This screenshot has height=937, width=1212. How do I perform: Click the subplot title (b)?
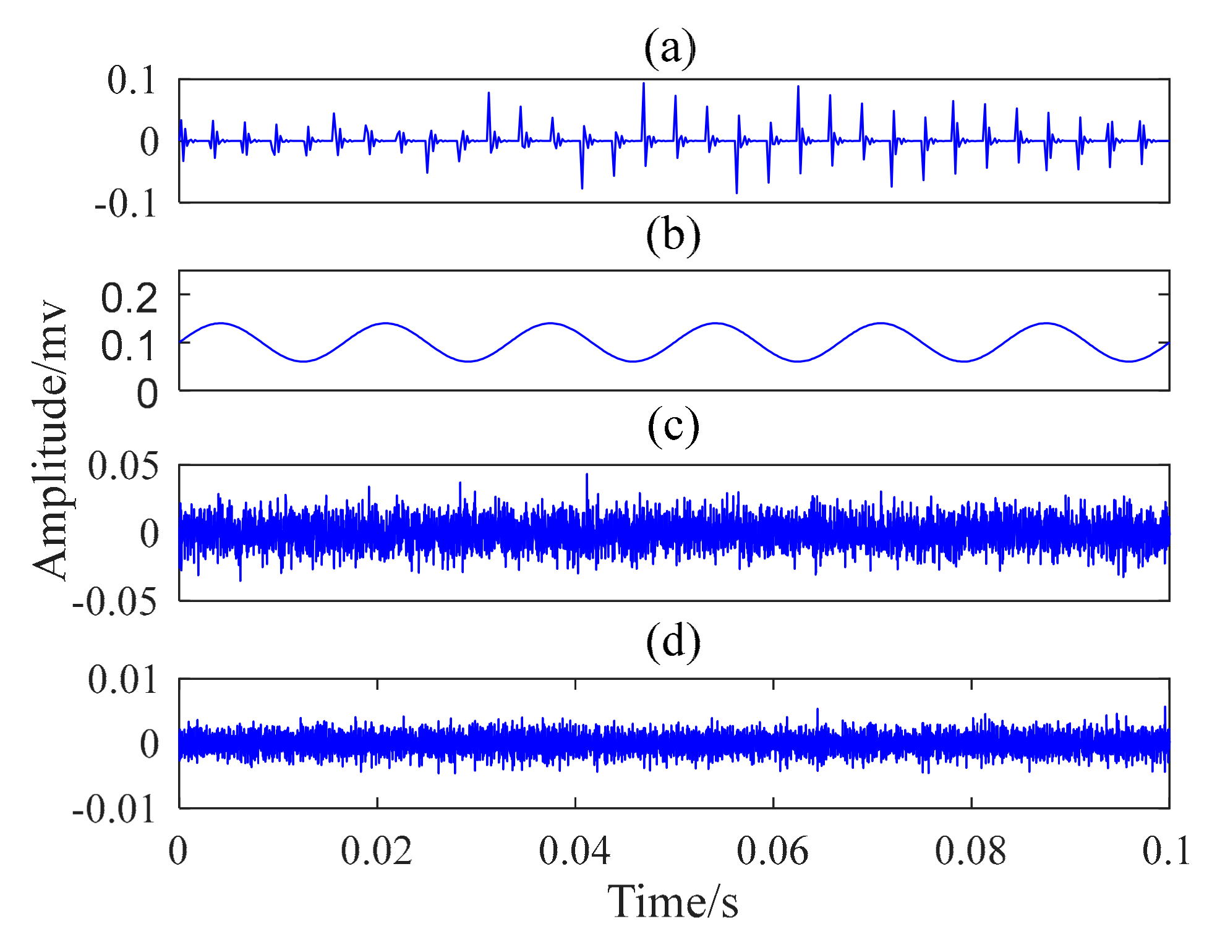673,236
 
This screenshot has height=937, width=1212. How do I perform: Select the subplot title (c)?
673,426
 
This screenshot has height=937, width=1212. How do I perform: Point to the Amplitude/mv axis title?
51,440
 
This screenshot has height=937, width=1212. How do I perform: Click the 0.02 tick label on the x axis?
377,851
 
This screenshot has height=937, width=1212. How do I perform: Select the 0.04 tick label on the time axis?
574,851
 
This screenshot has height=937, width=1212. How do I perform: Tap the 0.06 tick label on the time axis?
772,851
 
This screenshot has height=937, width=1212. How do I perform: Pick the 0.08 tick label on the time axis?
970,851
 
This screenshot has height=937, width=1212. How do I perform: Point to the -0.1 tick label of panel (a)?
126,204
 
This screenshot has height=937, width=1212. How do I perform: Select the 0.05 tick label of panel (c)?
123,466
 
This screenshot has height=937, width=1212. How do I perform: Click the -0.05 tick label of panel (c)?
115,601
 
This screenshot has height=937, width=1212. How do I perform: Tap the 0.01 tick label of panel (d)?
122,680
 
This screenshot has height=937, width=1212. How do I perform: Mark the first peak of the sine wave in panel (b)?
221,323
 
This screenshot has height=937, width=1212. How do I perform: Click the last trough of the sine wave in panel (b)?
1129,361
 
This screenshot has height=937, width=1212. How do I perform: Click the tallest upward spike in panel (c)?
587,475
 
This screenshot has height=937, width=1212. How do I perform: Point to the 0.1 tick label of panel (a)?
132,80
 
